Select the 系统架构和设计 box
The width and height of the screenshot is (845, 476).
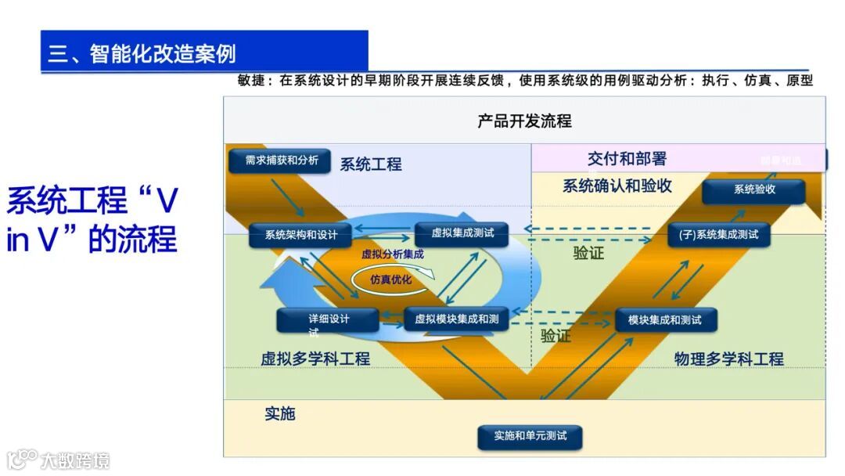coord(300,235)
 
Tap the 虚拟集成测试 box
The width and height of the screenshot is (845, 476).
coord(459,233)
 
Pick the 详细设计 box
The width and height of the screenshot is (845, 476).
coord(328,319)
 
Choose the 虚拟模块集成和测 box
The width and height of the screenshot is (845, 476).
coord(456,319)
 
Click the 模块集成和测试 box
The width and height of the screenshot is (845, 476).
coord(666,319)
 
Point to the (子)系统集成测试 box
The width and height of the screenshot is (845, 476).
coord(718,234)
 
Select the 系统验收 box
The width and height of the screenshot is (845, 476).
coord(753,190)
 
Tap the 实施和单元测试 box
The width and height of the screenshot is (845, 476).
coord(530,436)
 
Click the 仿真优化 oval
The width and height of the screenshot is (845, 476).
coord(391,279)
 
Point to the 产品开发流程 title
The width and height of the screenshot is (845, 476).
coord(524,121)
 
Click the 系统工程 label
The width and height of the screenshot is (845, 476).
coord(371,164)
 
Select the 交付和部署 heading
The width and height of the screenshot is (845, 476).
coord(627,159)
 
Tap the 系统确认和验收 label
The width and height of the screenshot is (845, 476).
coord(617,186)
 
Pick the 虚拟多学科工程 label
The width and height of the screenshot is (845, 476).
coord(315,359)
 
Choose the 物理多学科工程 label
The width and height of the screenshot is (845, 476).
coord(728,359)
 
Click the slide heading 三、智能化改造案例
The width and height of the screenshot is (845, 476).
coord(142,53)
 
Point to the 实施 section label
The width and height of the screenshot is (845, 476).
coord(279,413)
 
